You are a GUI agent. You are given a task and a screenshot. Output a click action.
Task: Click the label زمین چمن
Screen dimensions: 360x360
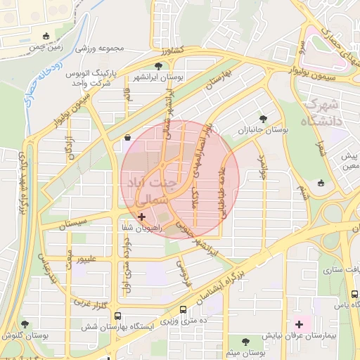[46, 47]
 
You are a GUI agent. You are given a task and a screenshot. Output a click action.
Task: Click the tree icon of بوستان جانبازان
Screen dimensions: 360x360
[264, 119]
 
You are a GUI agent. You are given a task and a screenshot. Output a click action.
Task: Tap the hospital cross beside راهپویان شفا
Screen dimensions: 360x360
[143, 217]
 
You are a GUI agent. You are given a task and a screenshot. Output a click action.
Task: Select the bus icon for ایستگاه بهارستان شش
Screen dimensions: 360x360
[117, 316]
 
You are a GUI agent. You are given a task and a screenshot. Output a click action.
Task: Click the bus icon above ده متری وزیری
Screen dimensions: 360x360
[184, 309]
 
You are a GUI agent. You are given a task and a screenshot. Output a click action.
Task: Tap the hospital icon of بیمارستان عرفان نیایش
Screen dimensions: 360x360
[300, 324]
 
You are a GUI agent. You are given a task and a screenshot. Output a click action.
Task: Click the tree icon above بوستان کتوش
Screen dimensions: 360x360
[25, 324]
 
